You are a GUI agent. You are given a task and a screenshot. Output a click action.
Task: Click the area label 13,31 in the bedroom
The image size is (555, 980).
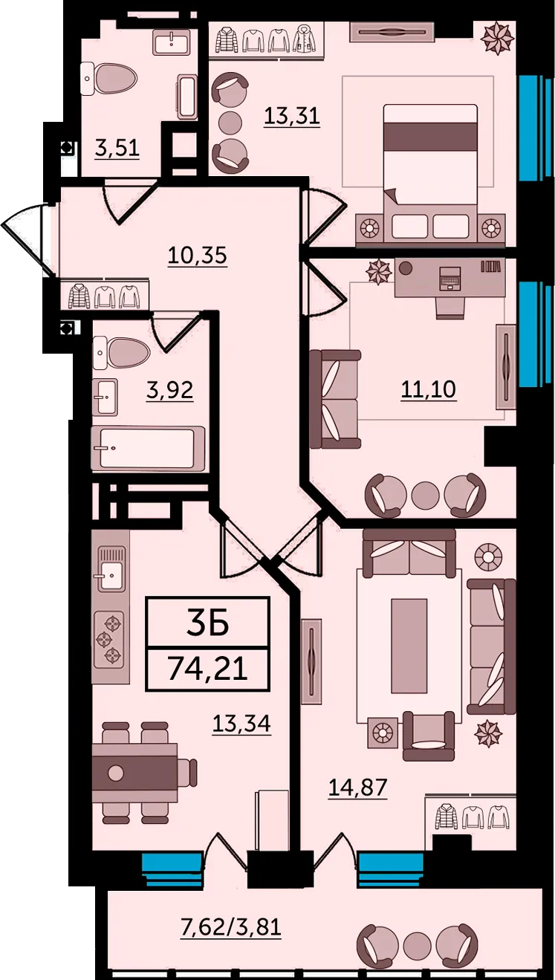coord(292,117)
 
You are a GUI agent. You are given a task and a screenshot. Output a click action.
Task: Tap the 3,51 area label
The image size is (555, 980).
coord(117,149)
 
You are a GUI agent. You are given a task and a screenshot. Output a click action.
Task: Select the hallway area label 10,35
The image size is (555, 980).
coord(198,255)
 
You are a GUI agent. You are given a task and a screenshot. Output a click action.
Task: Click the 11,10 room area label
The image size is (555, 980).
coord(429,389)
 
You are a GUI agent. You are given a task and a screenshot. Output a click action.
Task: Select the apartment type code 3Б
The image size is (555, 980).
coord(208,623)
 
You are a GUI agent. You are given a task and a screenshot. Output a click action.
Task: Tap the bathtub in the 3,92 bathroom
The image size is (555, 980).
coord(148,448)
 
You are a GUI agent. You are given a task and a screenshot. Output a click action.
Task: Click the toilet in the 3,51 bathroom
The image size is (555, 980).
coord(109,79)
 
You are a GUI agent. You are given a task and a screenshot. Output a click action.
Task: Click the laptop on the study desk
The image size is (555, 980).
coord(450,279)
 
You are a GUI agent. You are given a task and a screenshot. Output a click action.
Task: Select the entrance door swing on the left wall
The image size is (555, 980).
coord(27,241)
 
